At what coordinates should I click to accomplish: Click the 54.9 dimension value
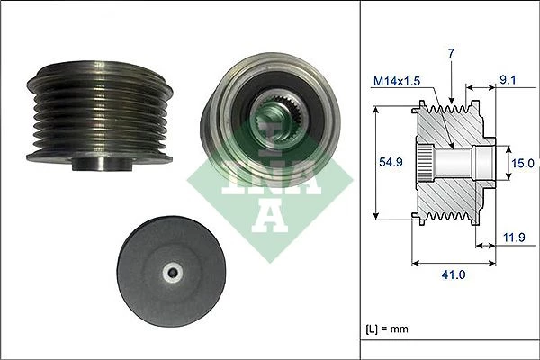[391, 162]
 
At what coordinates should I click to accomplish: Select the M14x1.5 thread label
[397, 81]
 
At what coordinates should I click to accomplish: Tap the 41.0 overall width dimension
[454, 274]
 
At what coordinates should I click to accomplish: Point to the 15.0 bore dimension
[522, 163]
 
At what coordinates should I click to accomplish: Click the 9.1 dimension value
[508, 80]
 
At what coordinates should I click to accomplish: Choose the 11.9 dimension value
[514, 238]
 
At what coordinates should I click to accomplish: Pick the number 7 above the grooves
[451, 53]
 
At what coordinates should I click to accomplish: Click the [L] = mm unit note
[387, 328]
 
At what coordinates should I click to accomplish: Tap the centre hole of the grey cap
[172, 273]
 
